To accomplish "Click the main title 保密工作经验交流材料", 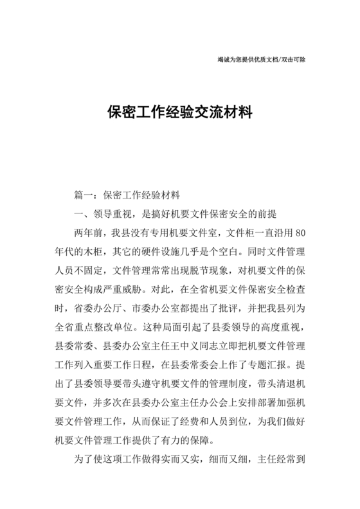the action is coord(179,112).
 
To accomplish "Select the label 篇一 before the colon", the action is coord(85,194).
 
